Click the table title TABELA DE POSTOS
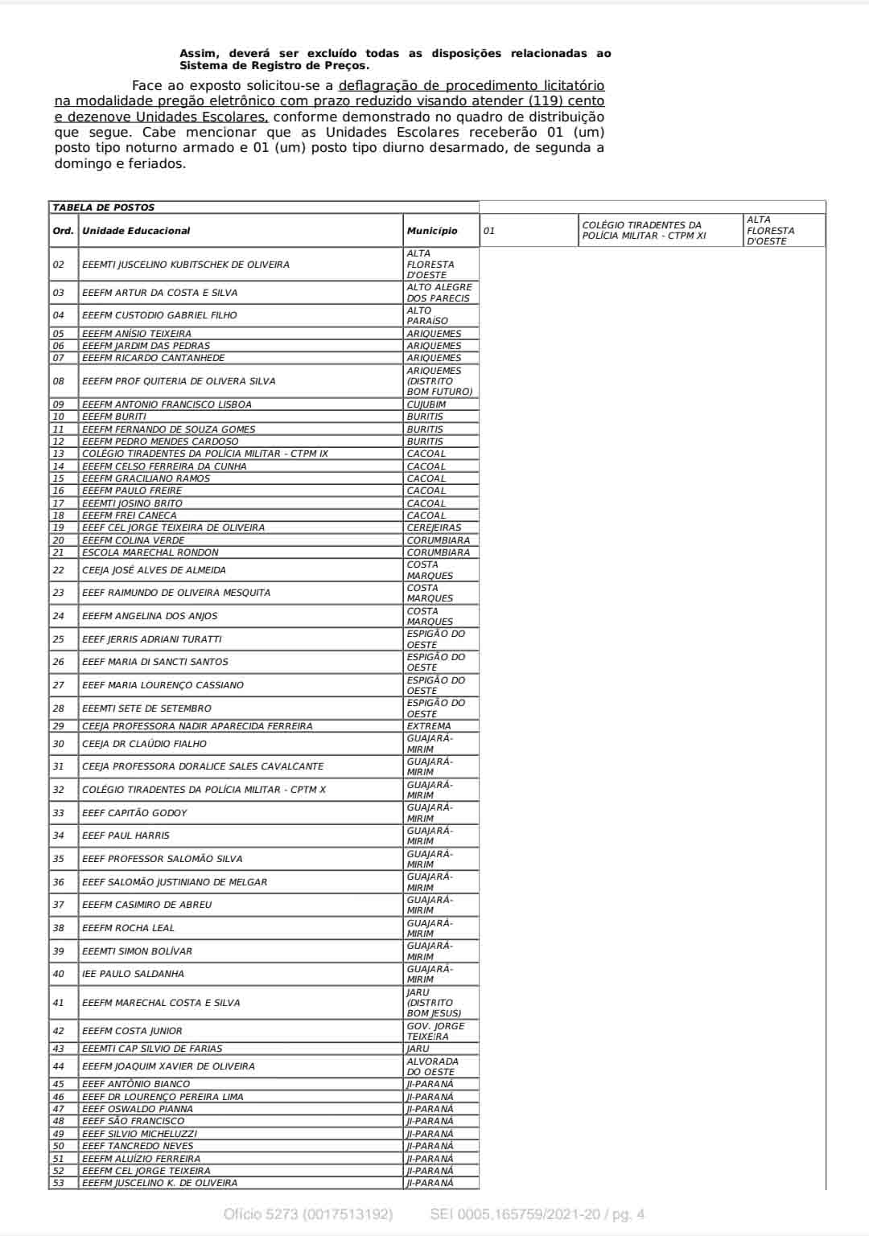click(x=104, y=207)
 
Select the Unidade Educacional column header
click(x=136, y=231)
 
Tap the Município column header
click(x=432, y=231)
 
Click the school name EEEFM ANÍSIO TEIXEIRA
click(x=137, y=334)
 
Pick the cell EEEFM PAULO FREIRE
click(x=132, y=491)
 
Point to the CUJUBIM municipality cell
click(x=426, y=404)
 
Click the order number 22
click(x=59, y=570)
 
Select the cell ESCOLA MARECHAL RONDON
click(x=150, y=552)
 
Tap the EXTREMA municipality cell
click(x=429, y=726)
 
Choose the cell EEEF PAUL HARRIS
click(x=126, y=836)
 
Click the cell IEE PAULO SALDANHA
click(x=133, y=974)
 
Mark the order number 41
click(x=59, y=1003)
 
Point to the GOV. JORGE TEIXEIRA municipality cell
click(x=435, y=1031)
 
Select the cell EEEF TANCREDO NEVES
click(x=138, y=1146)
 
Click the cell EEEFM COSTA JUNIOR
click(x=132, y=1031)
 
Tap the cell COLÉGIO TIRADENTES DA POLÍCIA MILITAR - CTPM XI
click(x=644, y=231)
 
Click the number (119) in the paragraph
click(x=545, y=101)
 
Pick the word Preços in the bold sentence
click(x=344, y=66)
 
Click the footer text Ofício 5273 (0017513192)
click(x=308, y=1214)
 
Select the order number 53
click(x=59, y=1183)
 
